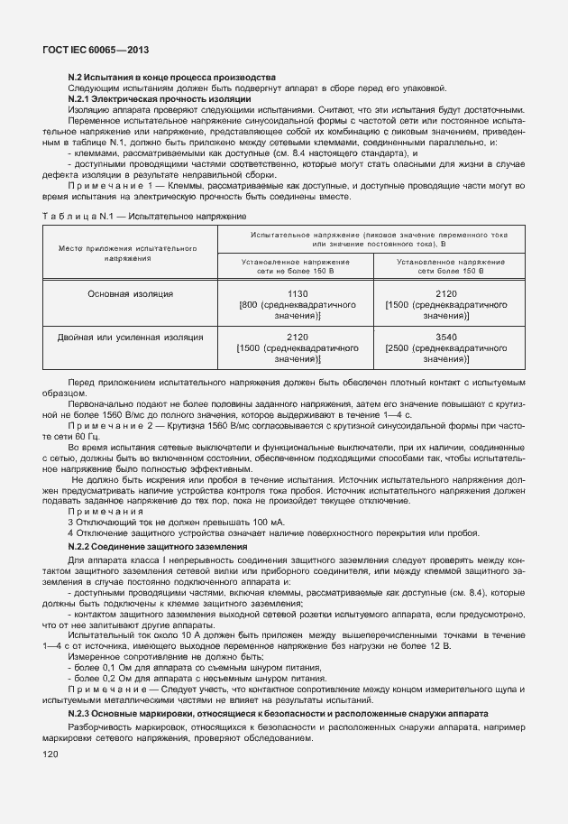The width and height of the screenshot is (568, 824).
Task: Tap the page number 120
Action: tap(50, 755)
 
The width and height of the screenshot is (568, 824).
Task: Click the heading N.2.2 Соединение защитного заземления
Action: tap(158, 547)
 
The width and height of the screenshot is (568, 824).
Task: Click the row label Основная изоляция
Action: tap(130, 294)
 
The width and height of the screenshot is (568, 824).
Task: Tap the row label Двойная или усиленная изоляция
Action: tap(130, 337)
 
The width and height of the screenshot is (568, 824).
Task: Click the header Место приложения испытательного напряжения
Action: tap(129, 252)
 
